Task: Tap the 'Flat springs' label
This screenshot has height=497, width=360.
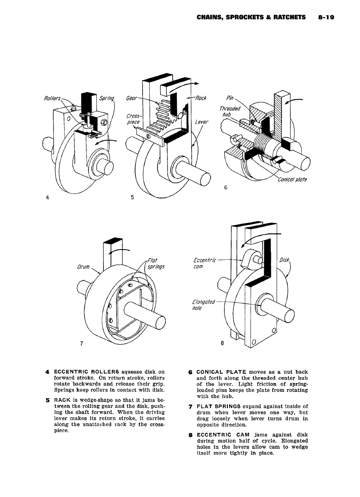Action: pos(155,263)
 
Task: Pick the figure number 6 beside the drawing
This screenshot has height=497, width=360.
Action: pos(225,188)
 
